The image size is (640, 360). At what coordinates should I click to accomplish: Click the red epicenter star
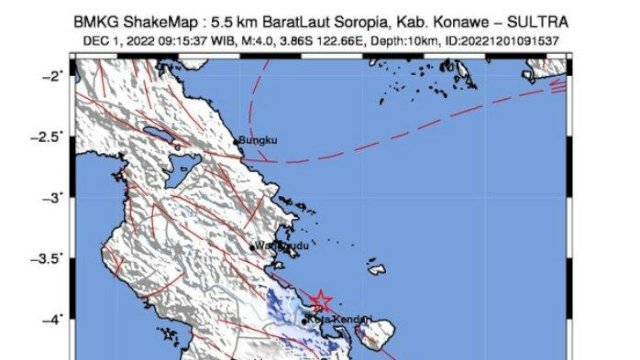[321, 300]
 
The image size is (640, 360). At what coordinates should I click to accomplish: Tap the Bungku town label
[257, 141]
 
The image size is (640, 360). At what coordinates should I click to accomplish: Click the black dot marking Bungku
[237, 142]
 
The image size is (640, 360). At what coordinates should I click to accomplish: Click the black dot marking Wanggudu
[252, 245]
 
